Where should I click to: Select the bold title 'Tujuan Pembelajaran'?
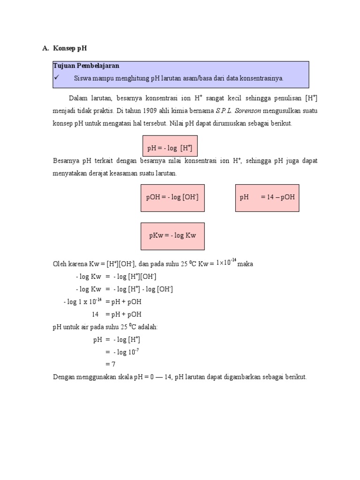(x=86, y=66)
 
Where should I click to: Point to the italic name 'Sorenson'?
(x=247, y=111)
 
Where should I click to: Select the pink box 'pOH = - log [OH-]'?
(x=172, y=197)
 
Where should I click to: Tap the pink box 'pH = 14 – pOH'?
(x=267, y=197)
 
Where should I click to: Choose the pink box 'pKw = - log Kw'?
(x=172, y=236)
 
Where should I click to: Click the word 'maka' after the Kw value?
(x=245, y=264)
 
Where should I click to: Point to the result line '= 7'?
(x=110, y=364)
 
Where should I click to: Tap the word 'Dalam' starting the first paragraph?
(x=78, y=98)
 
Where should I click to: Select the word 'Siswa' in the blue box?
(x=82, y=78)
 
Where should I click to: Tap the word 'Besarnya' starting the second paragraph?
(x=66, y=161)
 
